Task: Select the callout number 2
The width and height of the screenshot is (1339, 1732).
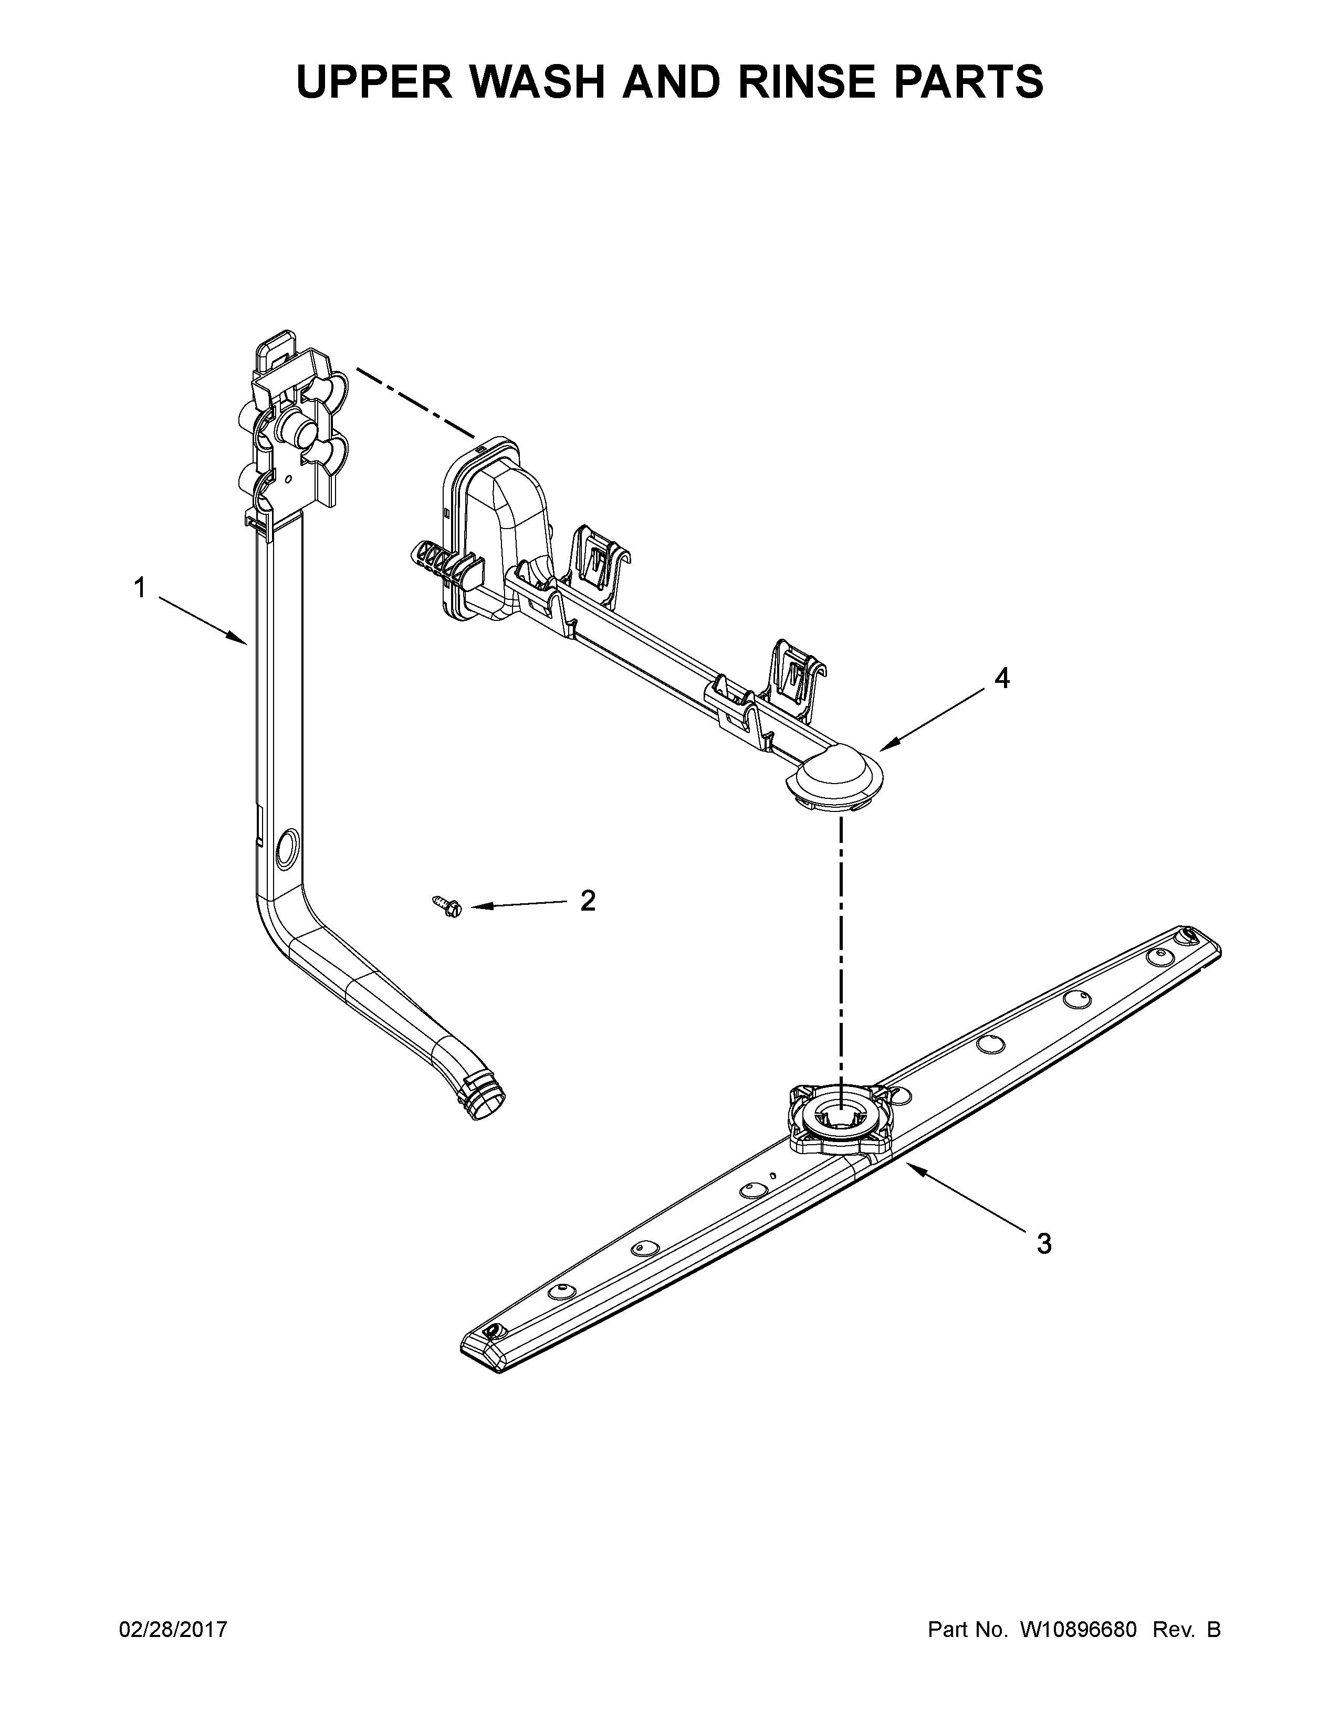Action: click(588, 900)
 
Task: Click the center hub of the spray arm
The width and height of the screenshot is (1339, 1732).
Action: click(839, 1119)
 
